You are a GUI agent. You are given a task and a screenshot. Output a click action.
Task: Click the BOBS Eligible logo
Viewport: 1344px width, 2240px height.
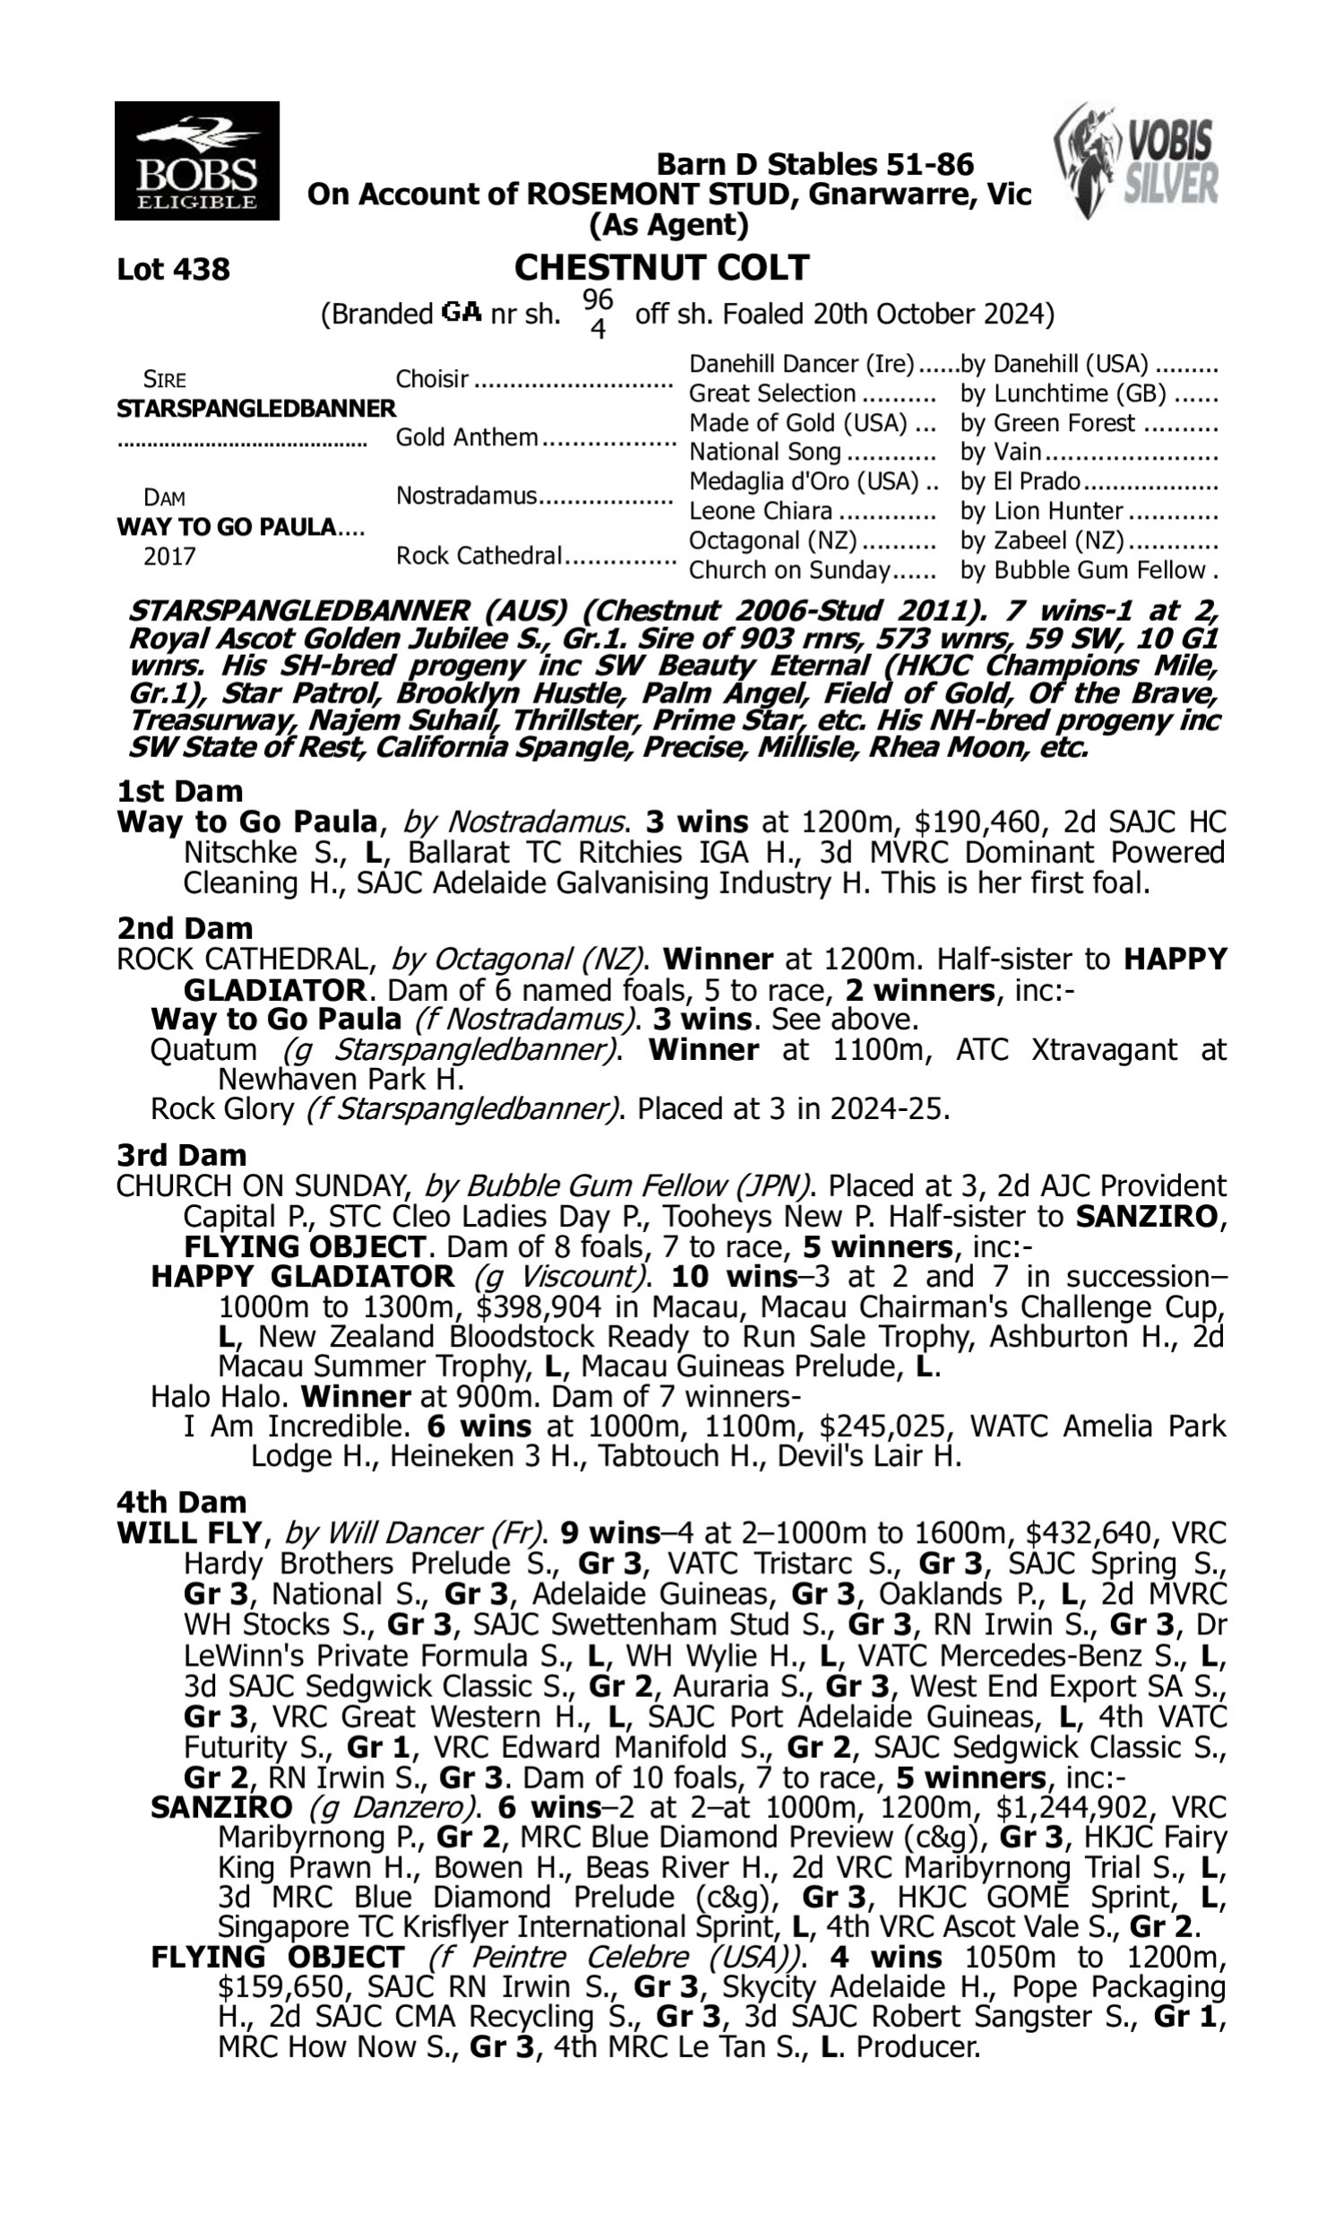[x=196, y=160]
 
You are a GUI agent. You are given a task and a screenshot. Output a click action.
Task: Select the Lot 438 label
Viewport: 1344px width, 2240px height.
[x=173, y=269]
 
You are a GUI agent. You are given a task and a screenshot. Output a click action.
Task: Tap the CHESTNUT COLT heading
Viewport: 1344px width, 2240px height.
[x=661, y=268]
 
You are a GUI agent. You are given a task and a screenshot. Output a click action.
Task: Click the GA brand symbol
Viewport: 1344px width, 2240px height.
[x=461, y=314]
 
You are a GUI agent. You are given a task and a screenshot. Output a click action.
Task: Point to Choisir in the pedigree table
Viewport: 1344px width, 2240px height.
[x=432, y=378]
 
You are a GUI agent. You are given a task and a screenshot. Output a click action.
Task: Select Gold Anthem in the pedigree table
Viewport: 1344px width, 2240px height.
[x=467, y=437]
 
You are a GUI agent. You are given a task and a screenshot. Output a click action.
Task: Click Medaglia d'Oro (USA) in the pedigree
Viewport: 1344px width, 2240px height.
[x=804, y=482]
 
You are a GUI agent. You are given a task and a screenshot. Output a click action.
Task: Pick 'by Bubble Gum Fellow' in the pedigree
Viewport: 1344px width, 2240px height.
[x=1083, y=571]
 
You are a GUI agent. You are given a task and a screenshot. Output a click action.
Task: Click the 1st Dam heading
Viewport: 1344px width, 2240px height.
[x=179, y=791]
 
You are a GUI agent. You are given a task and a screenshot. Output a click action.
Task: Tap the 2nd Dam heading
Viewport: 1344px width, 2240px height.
[x=184, y=928]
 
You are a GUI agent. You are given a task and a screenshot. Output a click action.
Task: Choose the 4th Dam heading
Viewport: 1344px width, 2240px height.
[x=181, y=1502]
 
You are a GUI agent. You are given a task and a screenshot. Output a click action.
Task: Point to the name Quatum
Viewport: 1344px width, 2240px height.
[x=202, y=1049]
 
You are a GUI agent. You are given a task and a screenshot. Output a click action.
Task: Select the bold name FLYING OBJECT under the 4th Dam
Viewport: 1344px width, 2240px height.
[x=277, y=1958]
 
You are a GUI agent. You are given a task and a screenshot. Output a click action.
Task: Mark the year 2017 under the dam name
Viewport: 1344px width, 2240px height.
[x=169, y=556]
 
